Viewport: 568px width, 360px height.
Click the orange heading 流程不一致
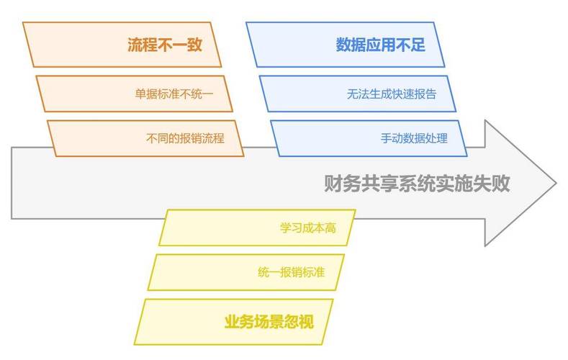click(163, 45)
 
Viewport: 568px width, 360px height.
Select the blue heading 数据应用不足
click(380, 45)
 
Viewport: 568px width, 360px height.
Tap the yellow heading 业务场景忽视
click(269, 321)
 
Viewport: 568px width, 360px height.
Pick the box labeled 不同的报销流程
click(184, 138)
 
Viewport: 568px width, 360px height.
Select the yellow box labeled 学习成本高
click(307, 228)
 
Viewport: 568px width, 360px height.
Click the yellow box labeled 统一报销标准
click(290, 272)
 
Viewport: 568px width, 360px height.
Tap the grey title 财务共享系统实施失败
click(417, 184)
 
